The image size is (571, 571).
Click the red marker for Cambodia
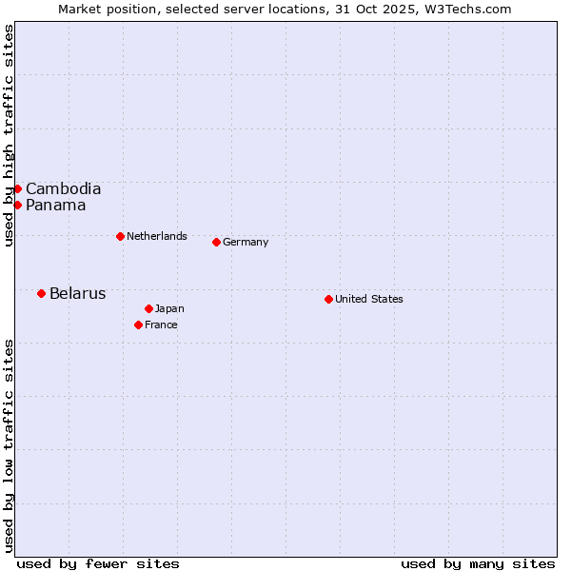pyautogui.click(x=17, y=188)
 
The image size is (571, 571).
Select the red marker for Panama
pyautogui.click(x=17, y=205)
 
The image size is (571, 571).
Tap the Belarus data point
pyautogui.click(x=41, y=293)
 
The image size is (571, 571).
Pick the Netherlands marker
pyautogui.click(x=120, y=236)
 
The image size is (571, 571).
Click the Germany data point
pyautogui.click(x=216, y=242)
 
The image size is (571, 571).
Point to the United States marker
pyautogui.click(x=328, y=299)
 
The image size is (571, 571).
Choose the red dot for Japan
pyautogui.click(x=148, y=308)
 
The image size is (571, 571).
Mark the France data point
pyautogui.click(x=138, y=325)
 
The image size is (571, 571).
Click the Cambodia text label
pyautogui.click(x=63, y=188)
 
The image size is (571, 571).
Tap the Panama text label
pyautogui.click(x=55, y=205)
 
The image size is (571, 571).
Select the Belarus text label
pyautogui.click(x=77, y=293)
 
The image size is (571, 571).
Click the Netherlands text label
pyautogui.click(x=157, y=236)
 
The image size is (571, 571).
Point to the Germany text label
pyautogui.click(x=246, y=242)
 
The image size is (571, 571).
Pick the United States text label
pyautogui.click(x=369, y=299)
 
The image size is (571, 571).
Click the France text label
pyautogui.click(x=161, y=325)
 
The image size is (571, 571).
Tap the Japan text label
pyautogui.click(x=169, y=308)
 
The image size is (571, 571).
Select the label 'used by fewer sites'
pyautogui.click(x=98, y=563)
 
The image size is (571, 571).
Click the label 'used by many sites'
pyautogui.click(x=478, y=563)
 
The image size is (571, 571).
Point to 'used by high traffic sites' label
pyautogui.click(x=9, y=135)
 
